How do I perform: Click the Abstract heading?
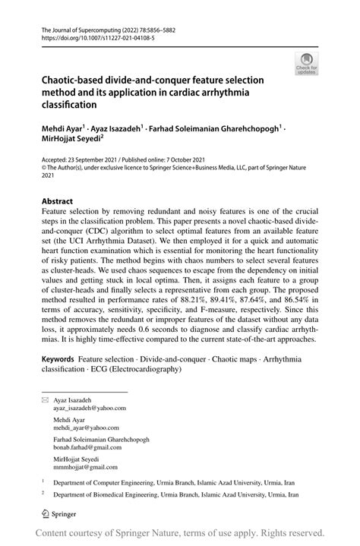(x=57, y=203)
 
